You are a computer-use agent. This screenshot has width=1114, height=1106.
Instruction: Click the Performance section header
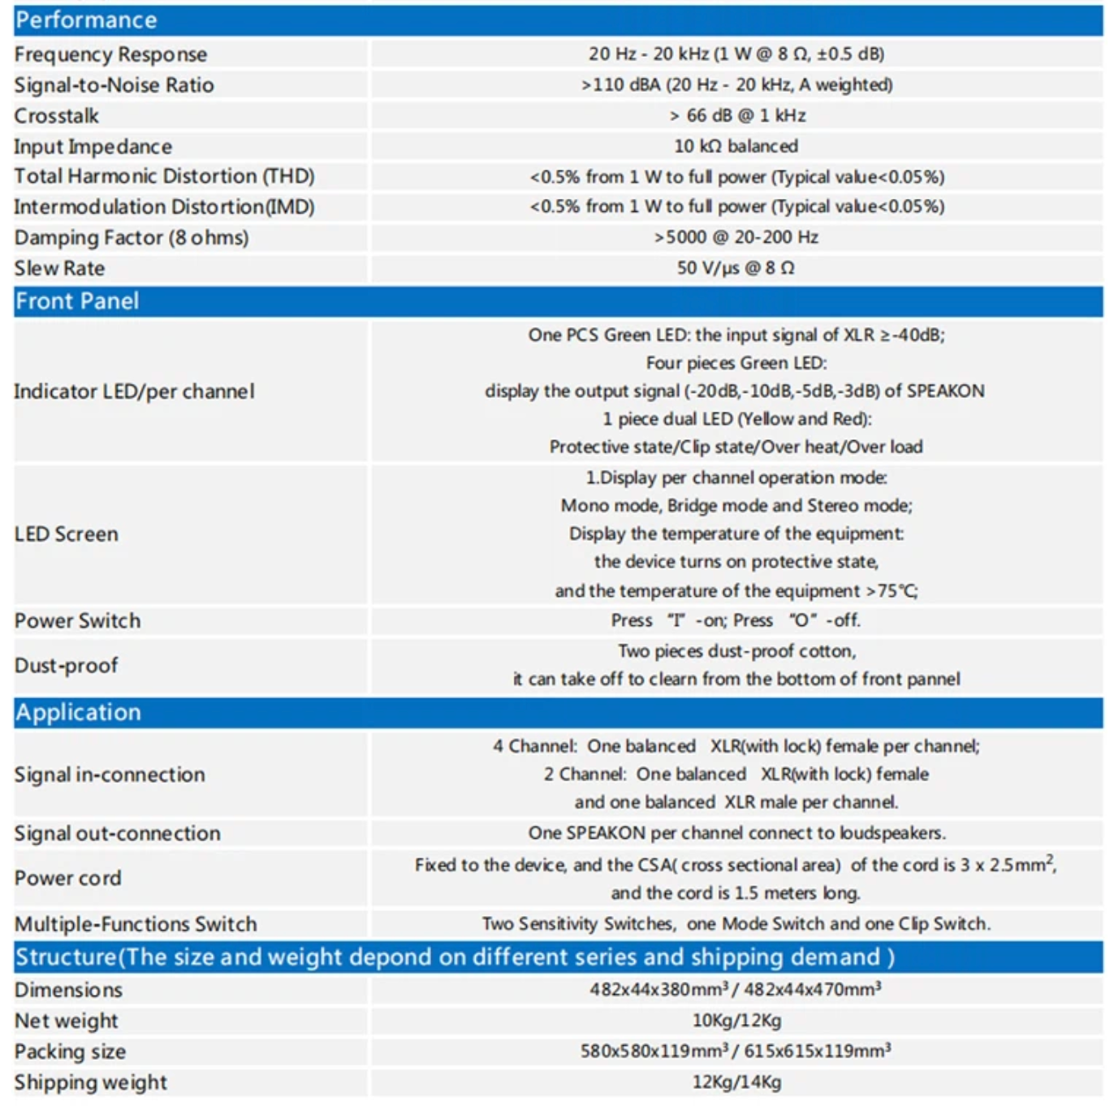tap(86, 20)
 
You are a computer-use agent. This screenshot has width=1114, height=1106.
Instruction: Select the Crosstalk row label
tap(57, 116)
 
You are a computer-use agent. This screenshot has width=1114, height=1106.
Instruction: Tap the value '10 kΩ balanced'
tap(736, 146)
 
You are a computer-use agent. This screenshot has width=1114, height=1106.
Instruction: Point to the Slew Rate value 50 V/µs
tap(736, 268)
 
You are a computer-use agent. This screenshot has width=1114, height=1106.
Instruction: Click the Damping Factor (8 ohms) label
tap(132, 238)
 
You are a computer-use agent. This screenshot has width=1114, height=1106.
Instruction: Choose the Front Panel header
tap(77, 301)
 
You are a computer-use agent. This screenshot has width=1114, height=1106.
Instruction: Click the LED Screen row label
tap(67, 534)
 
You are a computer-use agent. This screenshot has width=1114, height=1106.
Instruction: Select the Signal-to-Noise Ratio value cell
tap(736, 85)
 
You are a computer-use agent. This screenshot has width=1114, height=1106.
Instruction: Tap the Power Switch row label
tap(78, 621)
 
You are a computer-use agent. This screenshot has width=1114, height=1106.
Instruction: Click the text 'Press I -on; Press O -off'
tap(736, 620)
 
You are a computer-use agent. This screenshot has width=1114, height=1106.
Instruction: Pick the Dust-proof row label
tap(67, 666)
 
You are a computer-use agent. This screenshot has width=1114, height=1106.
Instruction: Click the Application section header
tap(78, 713)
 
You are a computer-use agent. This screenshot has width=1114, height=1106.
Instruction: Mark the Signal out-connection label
tap(118, 834)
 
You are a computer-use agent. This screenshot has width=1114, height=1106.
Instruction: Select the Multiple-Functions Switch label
tap(136, 925)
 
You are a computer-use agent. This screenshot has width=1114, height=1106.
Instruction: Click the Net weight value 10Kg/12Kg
tap(736, 1021)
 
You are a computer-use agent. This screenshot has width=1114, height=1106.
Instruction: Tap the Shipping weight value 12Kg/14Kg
tap(736, 1082)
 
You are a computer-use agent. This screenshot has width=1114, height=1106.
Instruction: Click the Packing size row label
tap(71, 1052)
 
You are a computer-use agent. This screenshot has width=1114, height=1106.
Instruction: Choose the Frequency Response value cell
tap(736, 54)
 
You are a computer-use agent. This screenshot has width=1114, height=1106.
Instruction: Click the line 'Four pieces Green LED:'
tap(736, 363)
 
